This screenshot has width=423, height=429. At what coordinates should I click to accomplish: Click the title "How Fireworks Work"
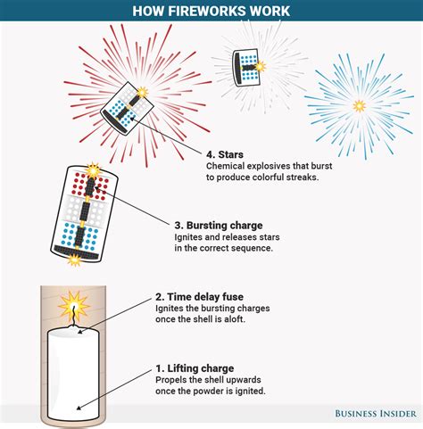coord(211,11)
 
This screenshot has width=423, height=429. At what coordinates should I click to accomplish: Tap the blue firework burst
coord(359,104)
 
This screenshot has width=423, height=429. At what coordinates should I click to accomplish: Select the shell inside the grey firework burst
coord(247,65)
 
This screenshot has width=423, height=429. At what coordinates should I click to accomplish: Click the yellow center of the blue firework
coord(359,105)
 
